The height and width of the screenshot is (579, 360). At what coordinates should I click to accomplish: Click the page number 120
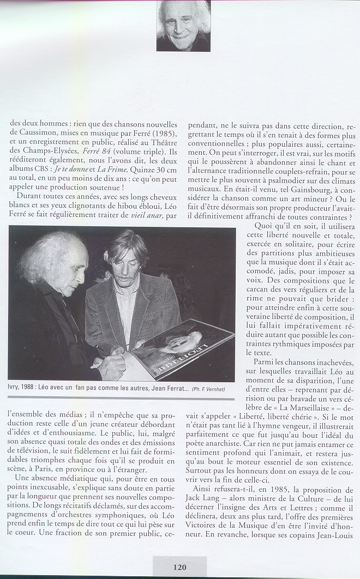click(x=179, y=567)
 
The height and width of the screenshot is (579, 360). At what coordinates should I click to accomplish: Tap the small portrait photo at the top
click(x=183, y=26)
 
